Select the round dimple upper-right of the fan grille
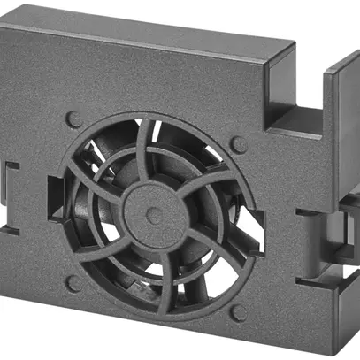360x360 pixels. [235, 142]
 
